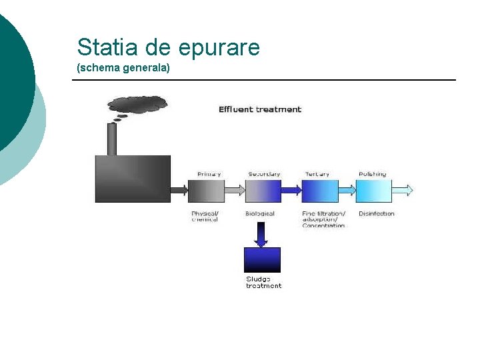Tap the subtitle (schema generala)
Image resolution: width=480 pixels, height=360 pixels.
123,68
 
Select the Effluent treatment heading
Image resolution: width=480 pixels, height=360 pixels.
260,109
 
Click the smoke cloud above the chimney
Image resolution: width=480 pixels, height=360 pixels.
137,104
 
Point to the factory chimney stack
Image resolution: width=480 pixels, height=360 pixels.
112,139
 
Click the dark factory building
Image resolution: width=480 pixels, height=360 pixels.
133,179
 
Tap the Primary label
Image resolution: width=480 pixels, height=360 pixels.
209,174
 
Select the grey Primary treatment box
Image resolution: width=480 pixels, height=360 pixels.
207,191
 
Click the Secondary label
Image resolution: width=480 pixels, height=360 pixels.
264,174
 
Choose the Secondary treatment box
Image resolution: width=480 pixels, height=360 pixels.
263,191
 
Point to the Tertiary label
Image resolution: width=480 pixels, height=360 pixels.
317,174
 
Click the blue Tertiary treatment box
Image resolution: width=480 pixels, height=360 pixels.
320,191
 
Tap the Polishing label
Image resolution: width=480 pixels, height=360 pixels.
372,174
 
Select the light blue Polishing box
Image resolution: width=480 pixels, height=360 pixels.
373,191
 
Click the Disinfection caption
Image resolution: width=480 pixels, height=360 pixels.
377,214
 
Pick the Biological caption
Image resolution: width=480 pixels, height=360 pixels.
260,214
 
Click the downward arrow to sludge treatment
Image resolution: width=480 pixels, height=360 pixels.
261,234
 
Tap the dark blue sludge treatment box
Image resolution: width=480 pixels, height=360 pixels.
263,259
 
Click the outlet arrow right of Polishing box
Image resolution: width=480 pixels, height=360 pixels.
403,191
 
